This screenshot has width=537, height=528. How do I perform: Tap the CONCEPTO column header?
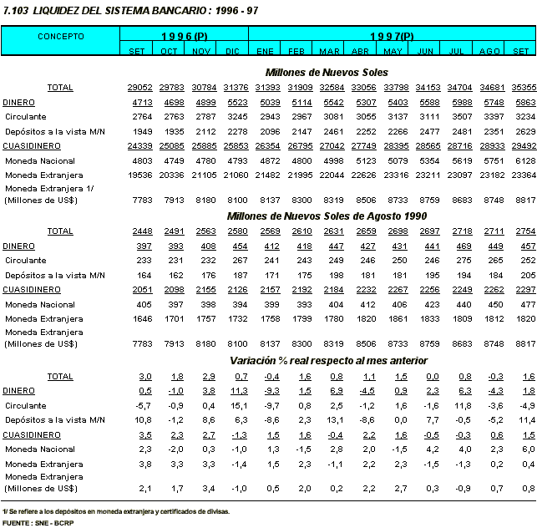(60, 37)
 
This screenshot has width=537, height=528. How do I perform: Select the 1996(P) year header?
(185, 37)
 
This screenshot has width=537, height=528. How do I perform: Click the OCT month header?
(169, 52)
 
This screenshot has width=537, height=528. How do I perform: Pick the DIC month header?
(232, 52)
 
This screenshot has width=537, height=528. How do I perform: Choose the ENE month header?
(266, 52)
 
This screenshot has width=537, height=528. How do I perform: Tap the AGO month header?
(489, 52)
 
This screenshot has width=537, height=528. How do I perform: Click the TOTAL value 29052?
(138, 88)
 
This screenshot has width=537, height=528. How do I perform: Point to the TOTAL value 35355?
(524, 88)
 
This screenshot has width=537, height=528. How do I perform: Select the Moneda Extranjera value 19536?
(138, 175)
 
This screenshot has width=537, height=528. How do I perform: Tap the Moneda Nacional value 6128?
(524, 160)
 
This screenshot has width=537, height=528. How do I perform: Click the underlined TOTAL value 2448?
(139, 230)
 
